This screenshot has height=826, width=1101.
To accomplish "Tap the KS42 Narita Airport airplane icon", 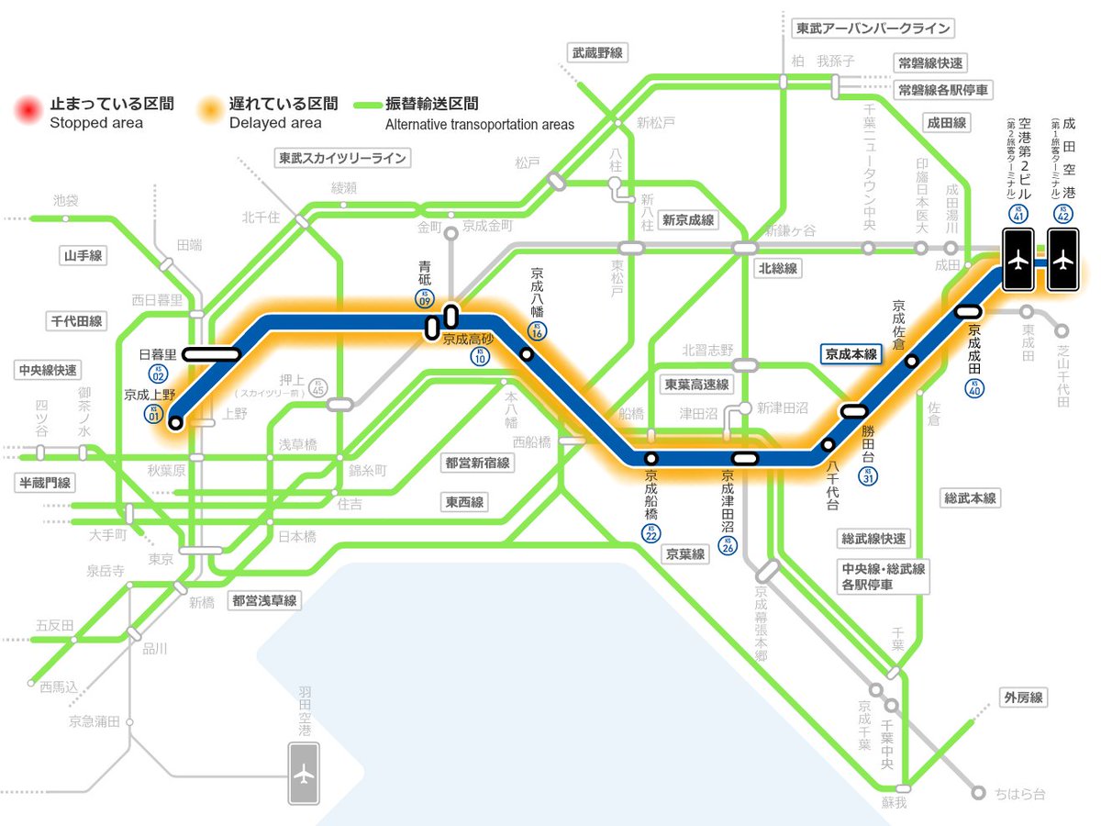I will [1063, 260].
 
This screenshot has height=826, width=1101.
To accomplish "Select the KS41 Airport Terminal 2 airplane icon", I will [1018, 260].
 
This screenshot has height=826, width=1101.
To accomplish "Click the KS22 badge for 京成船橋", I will [651, 533].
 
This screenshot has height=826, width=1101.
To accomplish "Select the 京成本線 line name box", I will [851, 353].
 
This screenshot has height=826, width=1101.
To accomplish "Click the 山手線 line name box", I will [82, 256].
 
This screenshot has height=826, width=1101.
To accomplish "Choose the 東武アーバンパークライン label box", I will [872, 28].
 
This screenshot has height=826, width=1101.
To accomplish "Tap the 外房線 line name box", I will [1023, 698].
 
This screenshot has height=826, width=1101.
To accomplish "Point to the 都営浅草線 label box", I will [264, 601].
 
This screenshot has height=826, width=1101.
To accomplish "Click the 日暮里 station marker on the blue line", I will [212, 353].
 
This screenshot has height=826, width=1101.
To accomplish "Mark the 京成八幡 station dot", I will [527, 353].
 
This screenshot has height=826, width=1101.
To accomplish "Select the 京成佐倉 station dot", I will [911, 361].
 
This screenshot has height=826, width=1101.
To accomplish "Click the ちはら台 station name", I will [1020, 794].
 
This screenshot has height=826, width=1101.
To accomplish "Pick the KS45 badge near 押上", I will [318, 387].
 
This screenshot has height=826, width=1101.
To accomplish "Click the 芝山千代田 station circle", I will [1063, 331].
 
